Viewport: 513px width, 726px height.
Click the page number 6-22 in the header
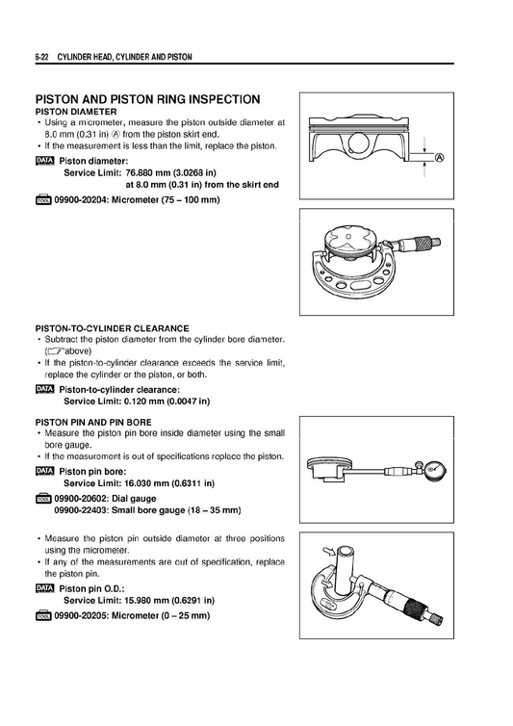(42, 58)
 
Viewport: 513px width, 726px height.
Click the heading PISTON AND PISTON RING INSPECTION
(147, 99)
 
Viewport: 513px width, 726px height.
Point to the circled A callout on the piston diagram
(440, 158)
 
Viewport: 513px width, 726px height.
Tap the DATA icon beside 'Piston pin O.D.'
(45, 587)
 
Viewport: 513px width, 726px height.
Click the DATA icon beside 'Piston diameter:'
(45, 160)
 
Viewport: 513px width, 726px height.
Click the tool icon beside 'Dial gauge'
(45, 498)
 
